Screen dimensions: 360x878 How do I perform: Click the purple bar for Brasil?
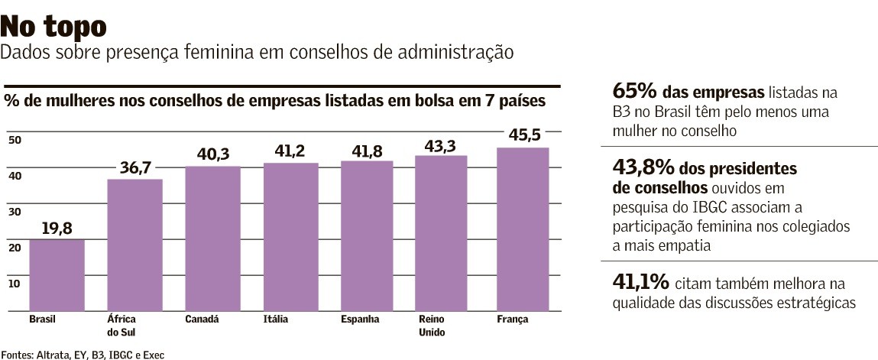(x=57, y=275)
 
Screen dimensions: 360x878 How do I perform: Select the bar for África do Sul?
(x=134, y=245)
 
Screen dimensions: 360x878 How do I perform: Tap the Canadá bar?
(x=212, y=238)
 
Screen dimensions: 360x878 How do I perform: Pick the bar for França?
(x=523, y=229)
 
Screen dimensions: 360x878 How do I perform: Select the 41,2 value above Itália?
(x=290, y=151)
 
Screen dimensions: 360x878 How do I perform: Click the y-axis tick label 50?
(x=15, y=140)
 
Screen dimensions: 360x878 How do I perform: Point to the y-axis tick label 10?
(x=15, y=284)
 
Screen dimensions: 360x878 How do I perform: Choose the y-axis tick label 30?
(x=15, y=212)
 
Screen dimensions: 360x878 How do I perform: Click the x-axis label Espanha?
(x=360, y=319)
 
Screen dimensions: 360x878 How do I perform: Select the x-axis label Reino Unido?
(x=432, y=326)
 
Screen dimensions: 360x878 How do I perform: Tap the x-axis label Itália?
(x=275, y=319)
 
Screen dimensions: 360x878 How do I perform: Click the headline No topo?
(x=53, y=27)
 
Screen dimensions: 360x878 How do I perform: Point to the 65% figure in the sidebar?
(x=633, y=92)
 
